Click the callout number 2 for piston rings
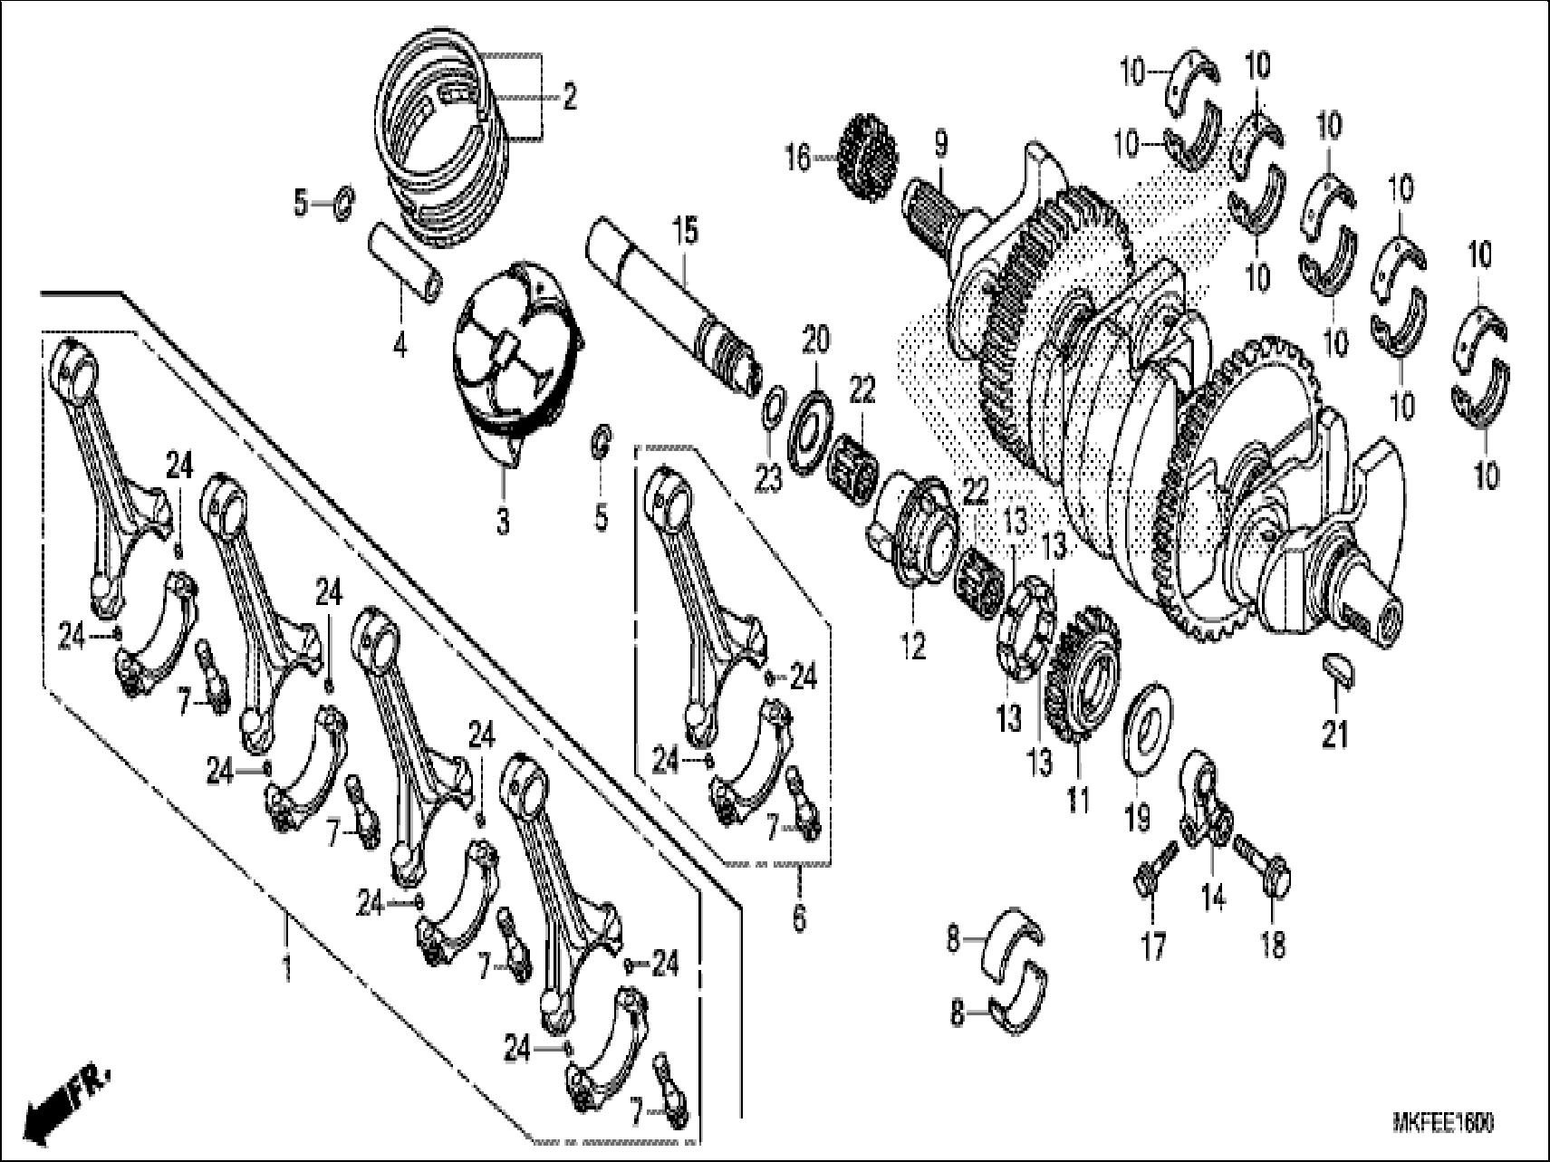click(569, 96)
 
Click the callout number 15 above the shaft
click(686, 232)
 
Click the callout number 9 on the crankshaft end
click(940, 144)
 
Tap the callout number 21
click(1334, 735)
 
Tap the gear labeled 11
click(1083, 688)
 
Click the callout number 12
click(913, 647)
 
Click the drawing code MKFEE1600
click(1443, 1123)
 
